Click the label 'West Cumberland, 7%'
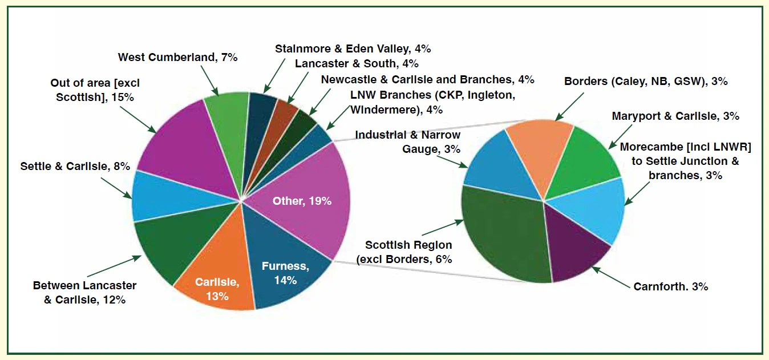(177, 57)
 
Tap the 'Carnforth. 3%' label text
(670, 286)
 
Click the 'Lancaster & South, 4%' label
(357, 63)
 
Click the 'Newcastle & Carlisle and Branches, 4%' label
(427, 79)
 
